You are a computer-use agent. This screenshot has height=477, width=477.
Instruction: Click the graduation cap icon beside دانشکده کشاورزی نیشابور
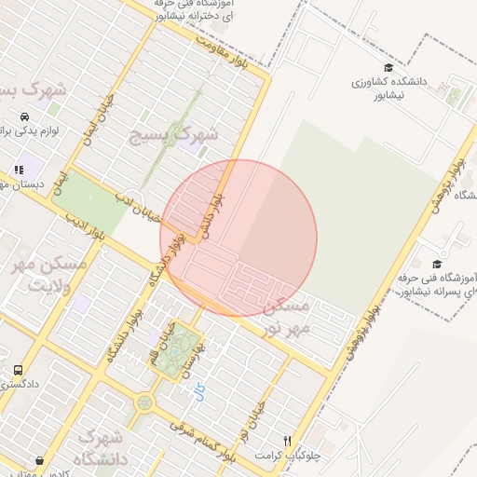[x=388, y=67]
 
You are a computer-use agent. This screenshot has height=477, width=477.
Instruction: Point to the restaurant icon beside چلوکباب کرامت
[x=289, y=441]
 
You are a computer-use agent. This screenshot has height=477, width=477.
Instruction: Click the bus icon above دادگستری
[x=19, y=370]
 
